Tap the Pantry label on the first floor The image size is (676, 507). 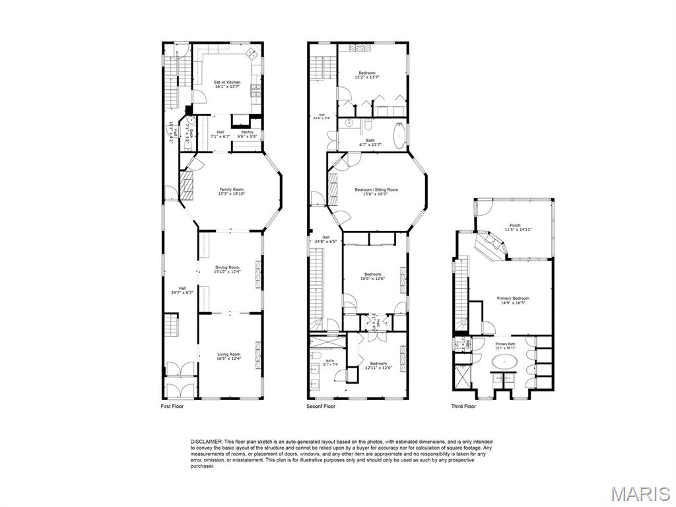tap(247, 132)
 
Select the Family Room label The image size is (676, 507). tap(232, 189)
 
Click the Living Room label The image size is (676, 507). tap(228, 355)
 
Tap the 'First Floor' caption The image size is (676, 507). tap(172, 406)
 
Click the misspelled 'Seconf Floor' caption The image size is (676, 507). tap(321, 406)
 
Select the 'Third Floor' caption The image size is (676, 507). tap(463, 406)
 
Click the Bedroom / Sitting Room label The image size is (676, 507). tap(376, 189)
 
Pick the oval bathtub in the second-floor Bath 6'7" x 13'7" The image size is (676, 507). tap(398, 137)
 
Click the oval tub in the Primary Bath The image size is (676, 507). tap(506, 361)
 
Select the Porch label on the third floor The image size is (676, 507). tap(514, 226)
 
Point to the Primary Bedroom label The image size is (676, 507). tap(513, 298)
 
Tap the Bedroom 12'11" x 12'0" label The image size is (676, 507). tap(378, 364)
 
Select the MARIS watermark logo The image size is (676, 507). tap(640, 493)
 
